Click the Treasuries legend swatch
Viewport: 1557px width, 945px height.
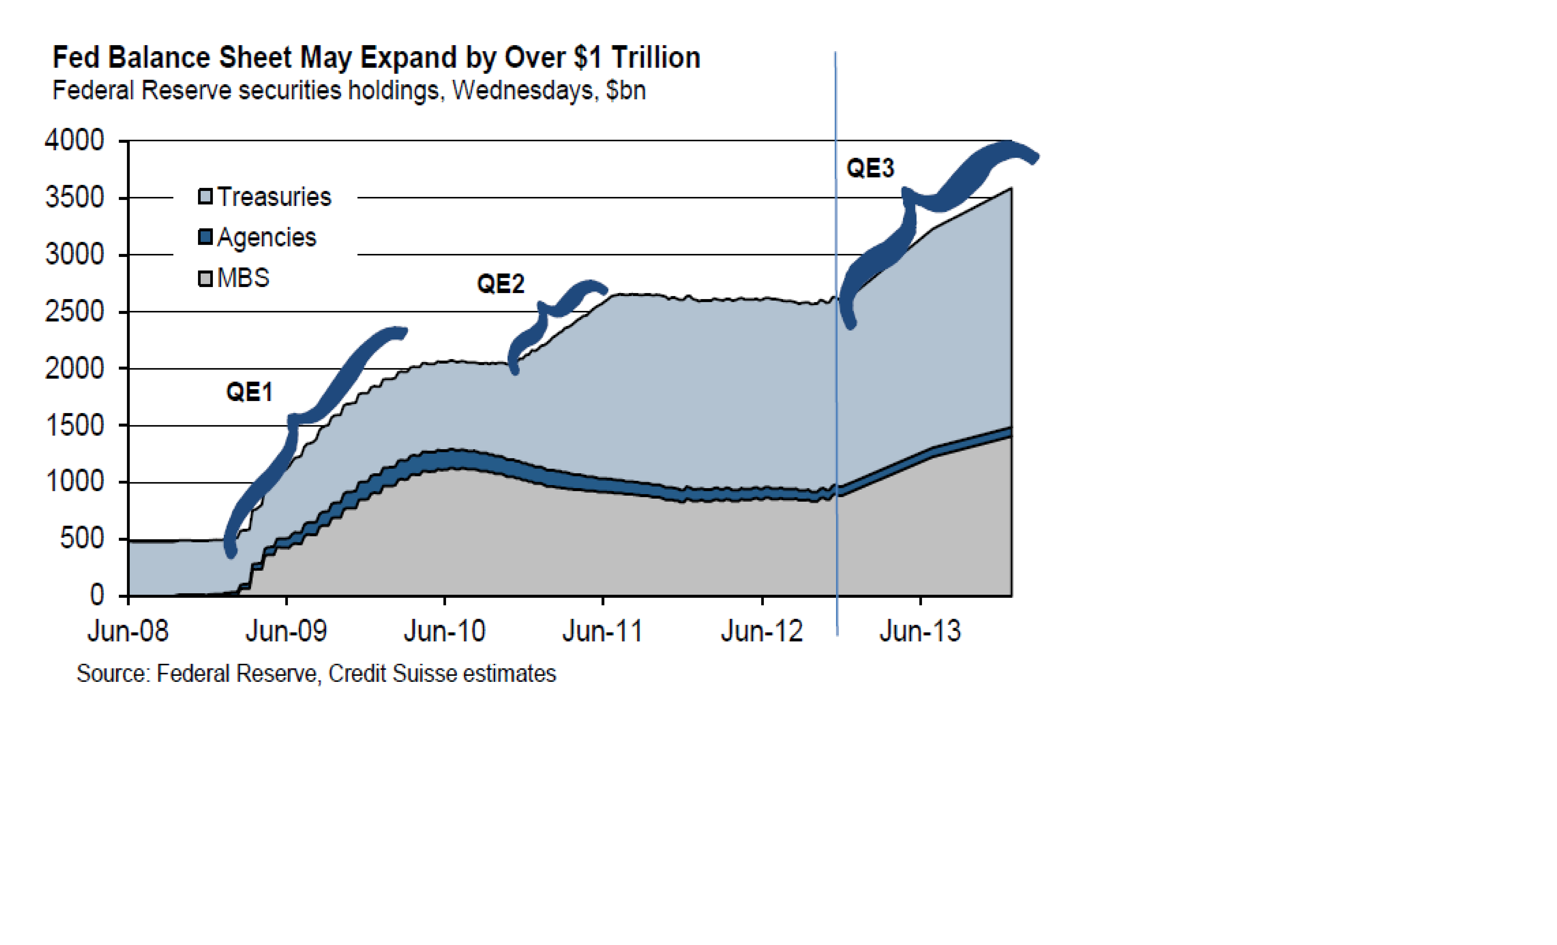pos(205,197)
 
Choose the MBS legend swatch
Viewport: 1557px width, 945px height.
pos(205,278)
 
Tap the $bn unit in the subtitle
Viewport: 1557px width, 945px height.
pos(626,90)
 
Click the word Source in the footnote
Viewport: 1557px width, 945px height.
pos(111,674)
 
